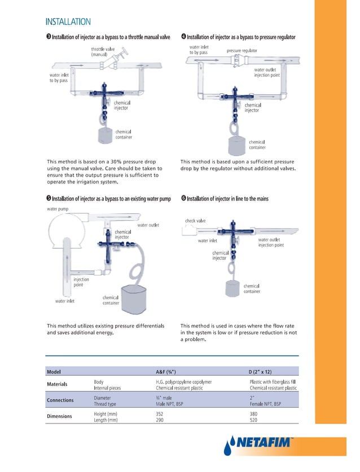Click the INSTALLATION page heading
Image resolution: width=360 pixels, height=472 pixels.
[68, 22]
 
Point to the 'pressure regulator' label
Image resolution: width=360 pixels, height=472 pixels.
[242, 51]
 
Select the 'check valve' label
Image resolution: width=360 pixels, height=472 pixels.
[195, 221]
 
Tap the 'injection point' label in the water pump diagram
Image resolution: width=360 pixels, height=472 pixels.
[81, 282]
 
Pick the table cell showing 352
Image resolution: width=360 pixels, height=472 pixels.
[160, 413]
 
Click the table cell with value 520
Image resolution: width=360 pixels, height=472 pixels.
[253, 420]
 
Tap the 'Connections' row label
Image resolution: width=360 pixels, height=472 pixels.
[60, 400]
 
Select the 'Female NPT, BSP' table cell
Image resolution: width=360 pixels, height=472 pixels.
[265, 404]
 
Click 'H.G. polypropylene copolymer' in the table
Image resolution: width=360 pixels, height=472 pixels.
[183, 382]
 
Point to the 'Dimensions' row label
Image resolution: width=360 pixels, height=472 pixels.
[60, 417]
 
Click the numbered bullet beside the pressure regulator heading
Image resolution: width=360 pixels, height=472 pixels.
[183, 37]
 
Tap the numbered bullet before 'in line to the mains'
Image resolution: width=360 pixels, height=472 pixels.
[183, 198]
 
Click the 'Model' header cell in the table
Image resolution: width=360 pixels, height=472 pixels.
[54, 372]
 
